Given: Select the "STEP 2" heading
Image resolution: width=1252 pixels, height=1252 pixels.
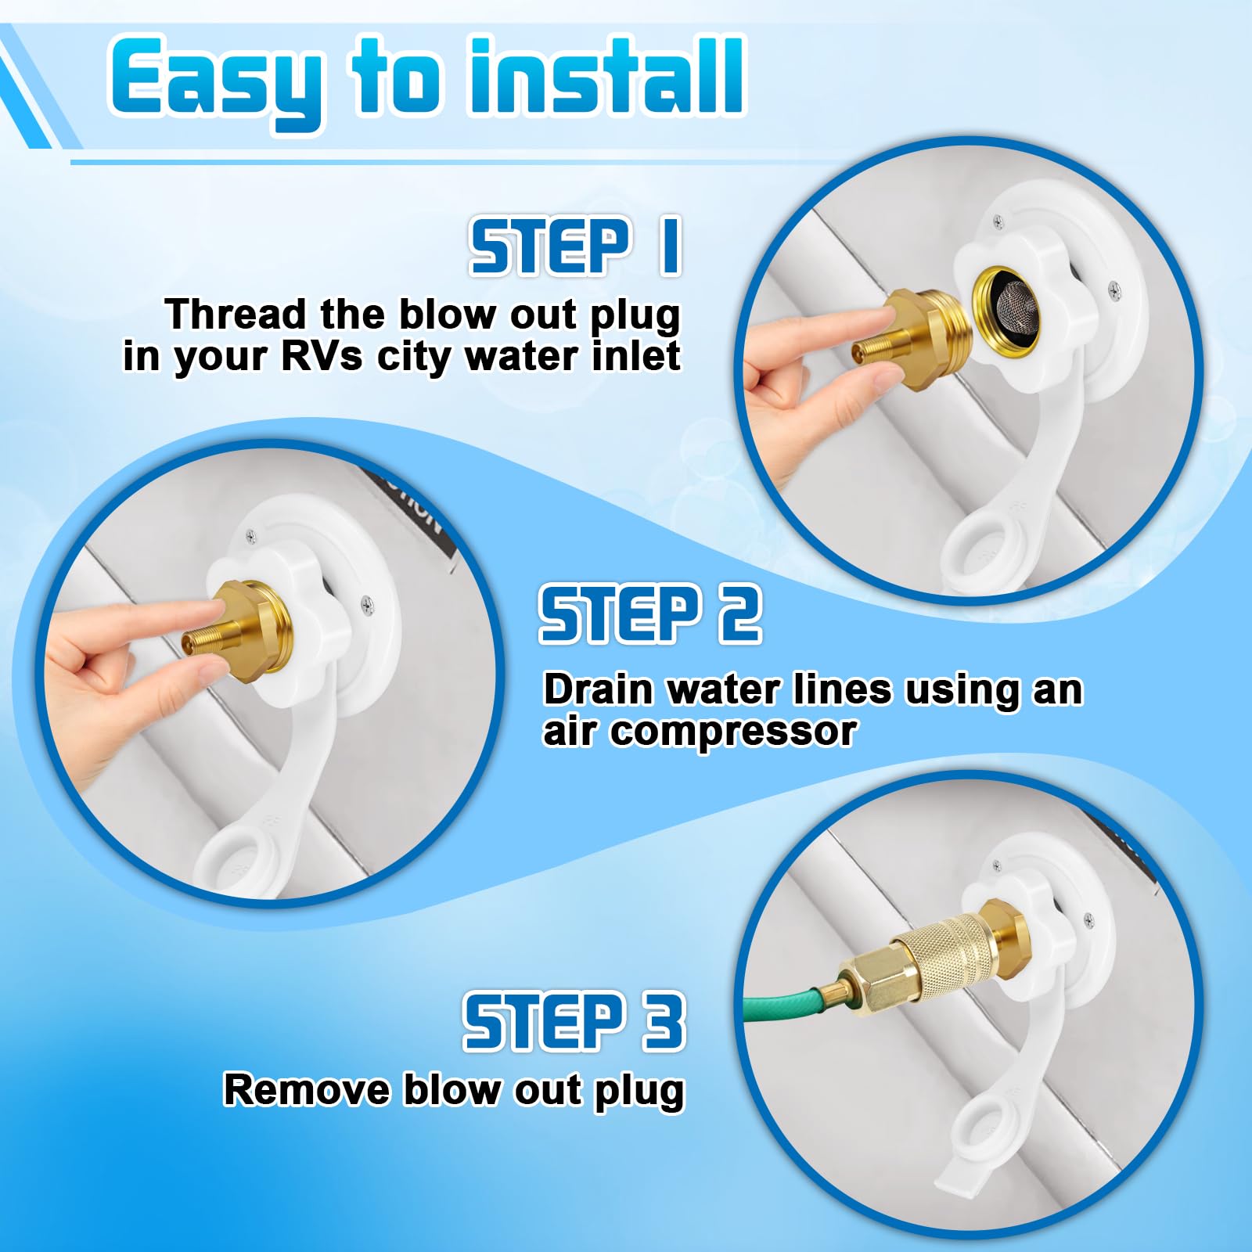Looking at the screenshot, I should [x=649, y=614].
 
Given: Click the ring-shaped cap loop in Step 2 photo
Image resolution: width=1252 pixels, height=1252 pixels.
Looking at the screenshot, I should [x=239, y=861].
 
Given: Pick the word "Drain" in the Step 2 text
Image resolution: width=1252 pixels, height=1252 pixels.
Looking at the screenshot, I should [x=599, y=689].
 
